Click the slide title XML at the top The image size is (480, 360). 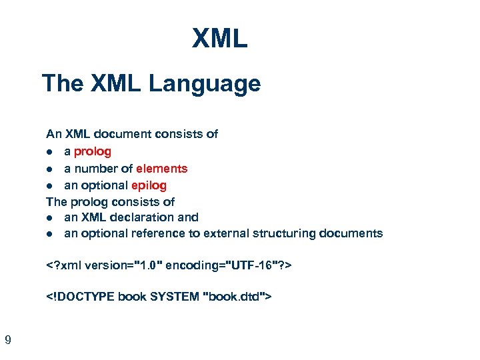coord(220,39)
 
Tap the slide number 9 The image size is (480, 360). coord(7,341)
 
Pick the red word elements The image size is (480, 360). coord(161,168)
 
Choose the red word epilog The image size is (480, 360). coord(145,185)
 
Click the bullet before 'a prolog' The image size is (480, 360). coord(50,152)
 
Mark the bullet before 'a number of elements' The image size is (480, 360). coord(50,169)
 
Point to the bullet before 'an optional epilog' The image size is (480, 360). coord(50,185)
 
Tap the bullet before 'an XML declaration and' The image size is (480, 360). coord(50,217)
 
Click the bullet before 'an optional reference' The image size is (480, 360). coord(50,234)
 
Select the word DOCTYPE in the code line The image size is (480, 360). coord(85,296)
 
